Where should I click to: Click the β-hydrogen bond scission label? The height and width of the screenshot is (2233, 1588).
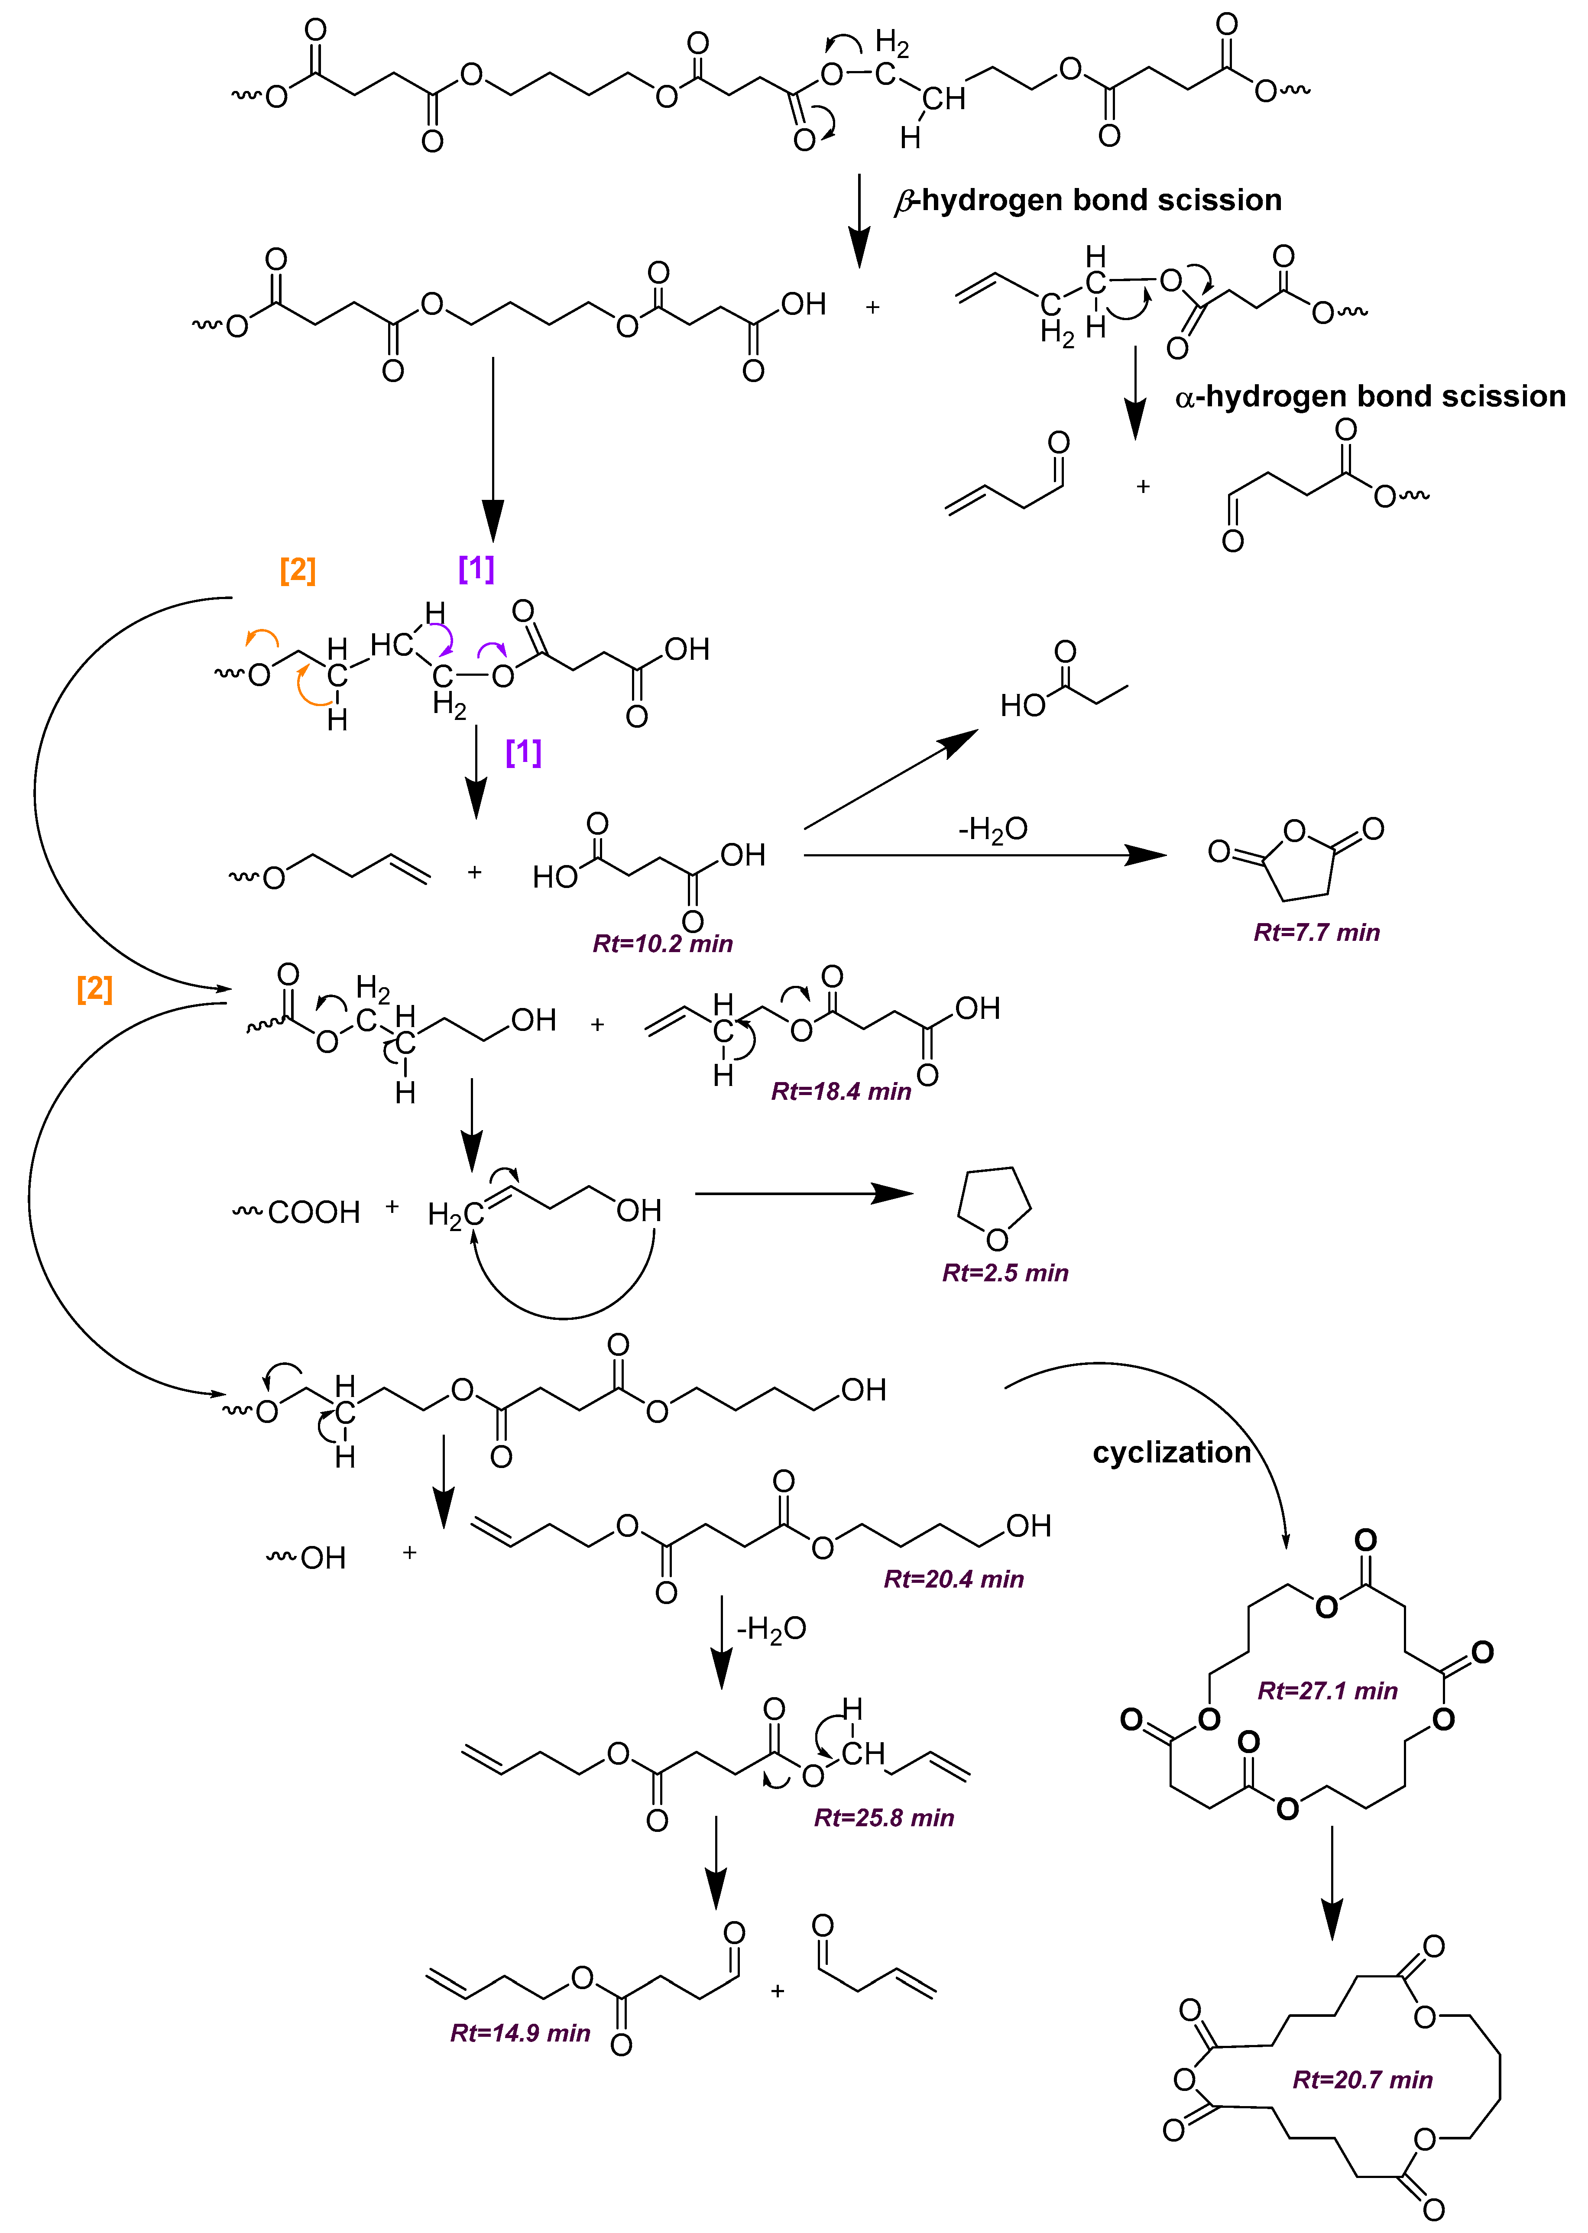(x=1087, y=201)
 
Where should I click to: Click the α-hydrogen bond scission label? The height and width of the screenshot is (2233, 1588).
(x=1369, y=397)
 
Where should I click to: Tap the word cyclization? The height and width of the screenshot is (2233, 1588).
(x=1171, y=1453)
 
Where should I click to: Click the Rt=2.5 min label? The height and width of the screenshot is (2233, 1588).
(x=1005, y=1273)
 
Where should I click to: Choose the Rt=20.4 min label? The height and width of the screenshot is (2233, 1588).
(x=953, y=1579)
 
